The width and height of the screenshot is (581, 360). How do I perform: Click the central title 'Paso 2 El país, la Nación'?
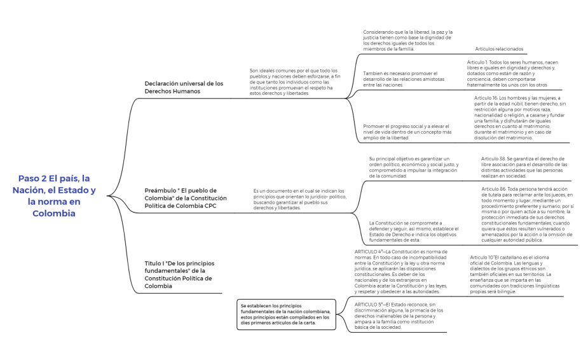(57, 196)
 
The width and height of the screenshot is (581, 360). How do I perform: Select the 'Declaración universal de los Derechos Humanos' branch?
(184, 87)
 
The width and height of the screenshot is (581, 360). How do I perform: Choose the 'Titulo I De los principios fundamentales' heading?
(179, 275)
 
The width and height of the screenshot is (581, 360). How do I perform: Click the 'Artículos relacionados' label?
(499, 49)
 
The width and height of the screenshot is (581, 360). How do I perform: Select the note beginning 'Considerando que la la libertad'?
(407, 40)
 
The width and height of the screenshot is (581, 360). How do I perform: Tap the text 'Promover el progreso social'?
(407, 132)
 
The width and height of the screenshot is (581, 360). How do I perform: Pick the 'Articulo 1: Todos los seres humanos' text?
(514, 73)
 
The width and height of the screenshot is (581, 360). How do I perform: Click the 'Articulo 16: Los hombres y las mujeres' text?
(521, 118)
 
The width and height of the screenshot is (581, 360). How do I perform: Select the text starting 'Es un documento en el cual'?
(299, 199)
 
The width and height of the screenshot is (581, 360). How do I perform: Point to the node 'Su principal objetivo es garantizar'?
(413, 167)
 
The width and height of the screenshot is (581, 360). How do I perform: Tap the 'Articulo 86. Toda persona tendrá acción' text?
(527, 214)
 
